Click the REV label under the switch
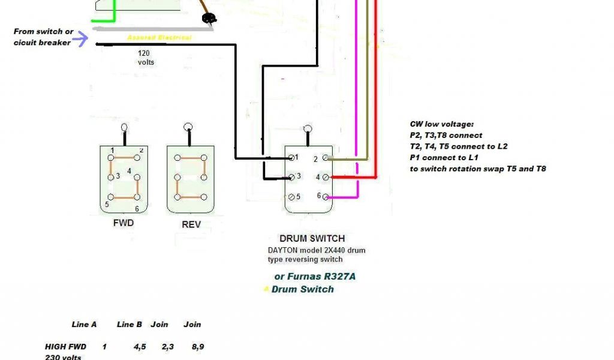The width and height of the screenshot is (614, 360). (191, 224)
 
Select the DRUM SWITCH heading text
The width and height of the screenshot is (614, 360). (312, 238)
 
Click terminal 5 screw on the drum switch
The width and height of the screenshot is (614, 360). (292, 197)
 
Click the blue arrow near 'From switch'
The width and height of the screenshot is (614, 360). (82, 40)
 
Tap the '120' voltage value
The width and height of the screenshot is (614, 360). (145, 53)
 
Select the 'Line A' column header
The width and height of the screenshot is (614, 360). (84, 325)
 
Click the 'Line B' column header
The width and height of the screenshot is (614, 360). (130, 325)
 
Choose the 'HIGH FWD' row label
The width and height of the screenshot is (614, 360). (65, 346)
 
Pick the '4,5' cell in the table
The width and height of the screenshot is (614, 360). (140, 346)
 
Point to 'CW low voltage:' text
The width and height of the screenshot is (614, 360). (441, 124)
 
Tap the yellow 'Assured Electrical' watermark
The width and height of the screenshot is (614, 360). (159, 38)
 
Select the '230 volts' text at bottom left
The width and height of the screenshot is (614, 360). (63, 357)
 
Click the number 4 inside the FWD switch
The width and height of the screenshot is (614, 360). (129, 171)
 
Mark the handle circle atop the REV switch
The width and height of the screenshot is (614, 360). (188, 128)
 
